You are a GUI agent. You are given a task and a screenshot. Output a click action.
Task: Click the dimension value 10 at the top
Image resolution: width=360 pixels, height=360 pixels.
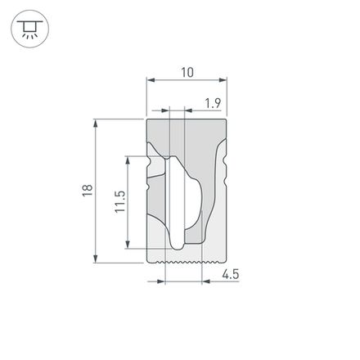187,72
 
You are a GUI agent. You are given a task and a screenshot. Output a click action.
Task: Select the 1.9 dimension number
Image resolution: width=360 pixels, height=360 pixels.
213,102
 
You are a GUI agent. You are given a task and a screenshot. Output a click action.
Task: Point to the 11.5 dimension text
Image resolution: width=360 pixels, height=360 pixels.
119,201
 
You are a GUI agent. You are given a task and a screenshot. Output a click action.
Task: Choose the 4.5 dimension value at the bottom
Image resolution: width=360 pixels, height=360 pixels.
230,276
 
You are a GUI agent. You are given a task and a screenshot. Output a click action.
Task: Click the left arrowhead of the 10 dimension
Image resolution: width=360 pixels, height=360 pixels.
149,81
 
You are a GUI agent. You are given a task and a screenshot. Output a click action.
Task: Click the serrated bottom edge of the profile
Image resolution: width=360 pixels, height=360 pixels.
186,263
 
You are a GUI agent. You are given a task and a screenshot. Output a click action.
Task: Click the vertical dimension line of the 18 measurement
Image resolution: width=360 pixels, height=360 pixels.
97,191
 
